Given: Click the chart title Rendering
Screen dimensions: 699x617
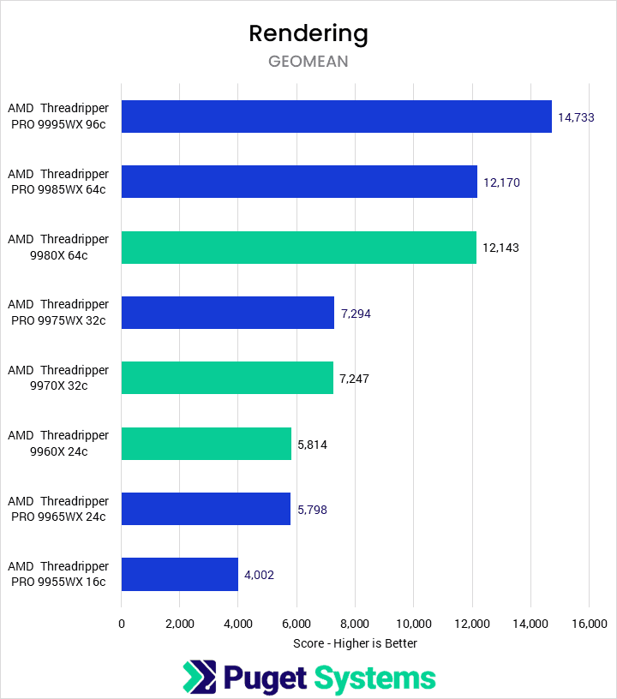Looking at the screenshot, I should [x=308, y=33].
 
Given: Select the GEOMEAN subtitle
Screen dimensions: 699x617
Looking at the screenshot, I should [x=308, y=62].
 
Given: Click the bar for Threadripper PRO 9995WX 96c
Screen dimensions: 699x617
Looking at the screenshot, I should [x=336, y=116].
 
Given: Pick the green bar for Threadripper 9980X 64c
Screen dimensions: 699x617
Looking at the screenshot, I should [x=298, y=248].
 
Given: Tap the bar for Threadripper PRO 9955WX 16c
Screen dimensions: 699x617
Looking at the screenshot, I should [x=179, y=574].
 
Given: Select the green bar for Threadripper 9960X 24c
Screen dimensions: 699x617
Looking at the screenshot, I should [x=206, y=444].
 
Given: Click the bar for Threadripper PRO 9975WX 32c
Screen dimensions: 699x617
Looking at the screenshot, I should [x=227, y=313].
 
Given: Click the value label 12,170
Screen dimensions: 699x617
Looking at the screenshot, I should [x=500, y=182].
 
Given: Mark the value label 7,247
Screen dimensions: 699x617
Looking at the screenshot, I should [x=355, y=379].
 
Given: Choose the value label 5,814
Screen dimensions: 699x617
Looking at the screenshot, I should [x=312, y=445].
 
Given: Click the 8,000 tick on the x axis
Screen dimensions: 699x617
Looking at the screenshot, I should [x=355, y=623].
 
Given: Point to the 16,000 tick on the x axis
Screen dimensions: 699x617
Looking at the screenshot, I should [x=588, y=623].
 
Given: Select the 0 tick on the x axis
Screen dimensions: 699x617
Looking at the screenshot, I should [x=122, y=623].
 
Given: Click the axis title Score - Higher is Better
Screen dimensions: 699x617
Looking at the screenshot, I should [x=355, y=643].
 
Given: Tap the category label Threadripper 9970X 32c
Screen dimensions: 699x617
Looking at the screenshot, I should [x=58, y=378].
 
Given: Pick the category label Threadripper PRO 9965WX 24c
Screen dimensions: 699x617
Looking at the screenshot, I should [x=58, y=509].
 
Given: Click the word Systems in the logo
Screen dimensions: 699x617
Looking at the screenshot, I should [x=374, y=678].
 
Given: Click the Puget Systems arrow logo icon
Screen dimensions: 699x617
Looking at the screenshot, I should [x=199, y=678].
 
